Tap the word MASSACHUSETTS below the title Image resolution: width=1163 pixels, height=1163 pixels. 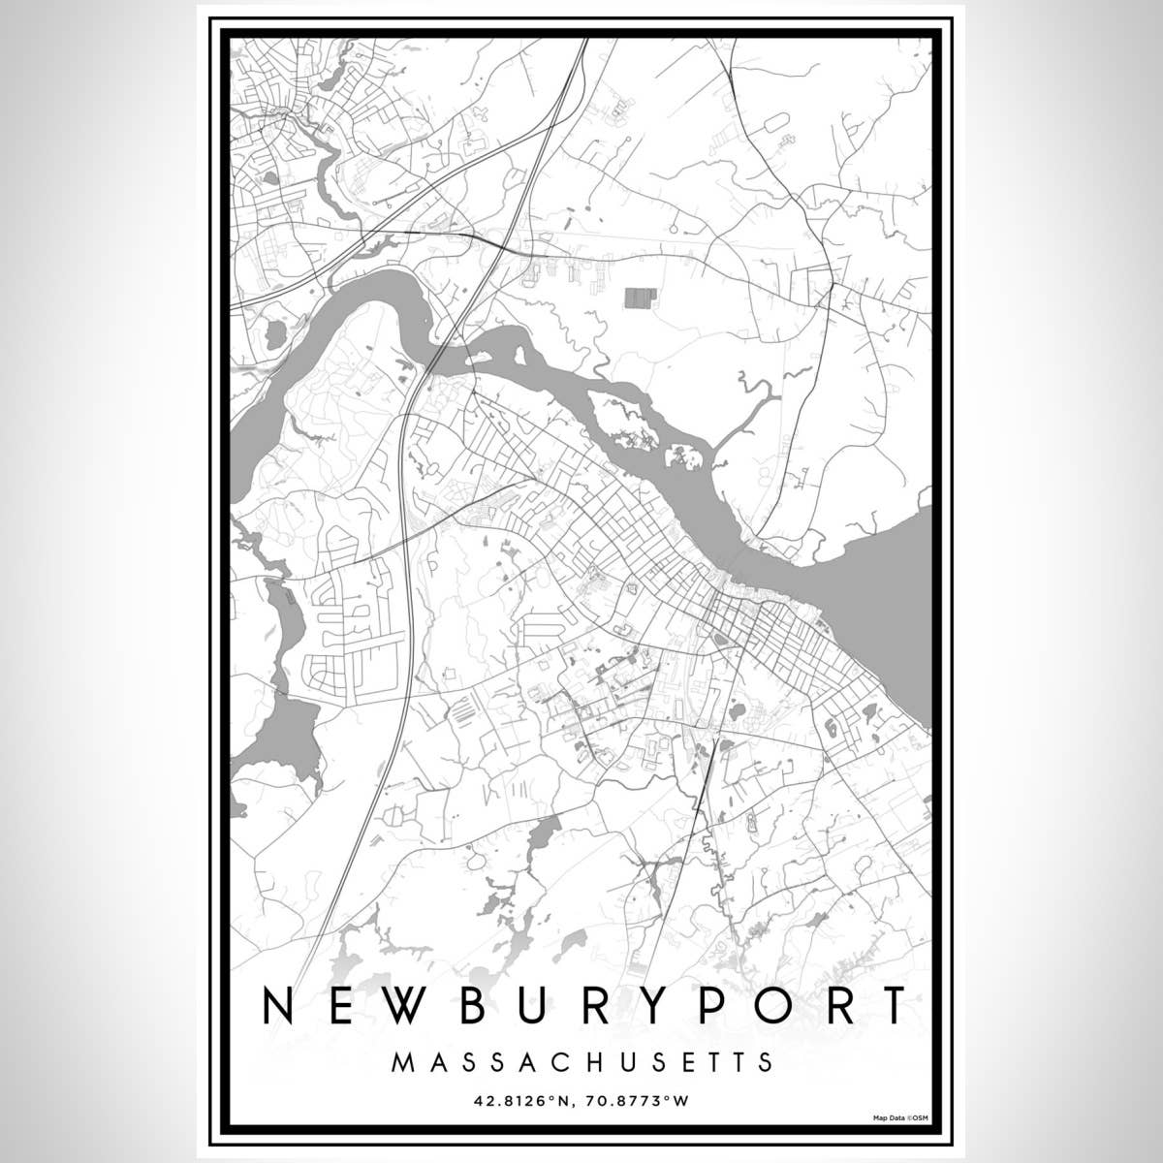583,1061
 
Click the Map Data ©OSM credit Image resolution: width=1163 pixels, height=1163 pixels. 900,1117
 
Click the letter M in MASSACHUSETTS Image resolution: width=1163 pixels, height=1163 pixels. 400,1061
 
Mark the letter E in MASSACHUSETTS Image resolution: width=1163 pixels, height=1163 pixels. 682,1061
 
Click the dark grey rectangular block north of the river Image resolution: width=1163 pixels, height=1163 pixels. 637,298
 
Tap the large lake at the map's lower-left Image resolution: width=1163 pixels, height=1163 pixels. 281,737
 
